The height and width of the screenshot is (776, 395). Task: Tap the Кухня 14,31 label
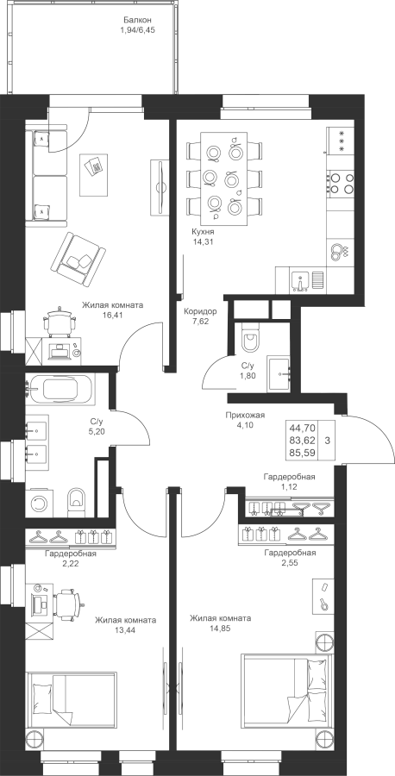coord(204,236)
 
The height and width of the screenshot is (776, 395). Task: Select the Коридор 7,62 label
coord(200,316)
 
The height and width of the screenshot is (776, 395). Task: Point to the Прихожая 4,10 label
coord(245,420)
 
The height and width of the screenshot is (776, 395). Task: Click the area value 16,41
coord(112,314)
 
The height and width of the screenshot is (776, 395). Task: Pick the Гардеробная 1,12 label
coord(289,481)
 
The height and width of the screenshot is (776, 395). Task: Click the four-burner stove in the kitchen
coord(341,183)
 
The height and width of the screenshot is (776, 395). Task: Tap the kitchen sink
coord(301,280)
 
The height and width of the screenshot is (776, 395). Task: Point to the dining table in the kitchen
coord(223,178)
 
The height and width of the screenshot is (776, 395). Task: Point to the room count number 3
coord(328,439)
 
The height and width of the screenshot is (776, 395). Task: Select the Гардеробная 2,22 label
coord(71,558)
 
